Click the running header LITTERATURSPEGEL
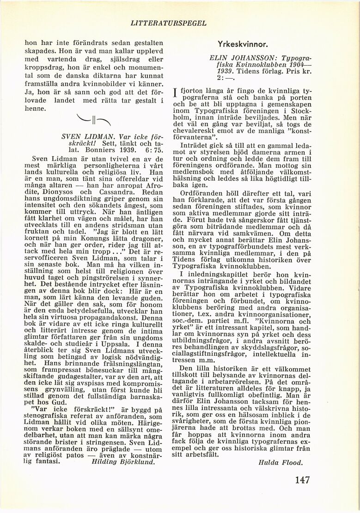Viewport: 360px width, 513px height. click(x=168, y=22)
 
